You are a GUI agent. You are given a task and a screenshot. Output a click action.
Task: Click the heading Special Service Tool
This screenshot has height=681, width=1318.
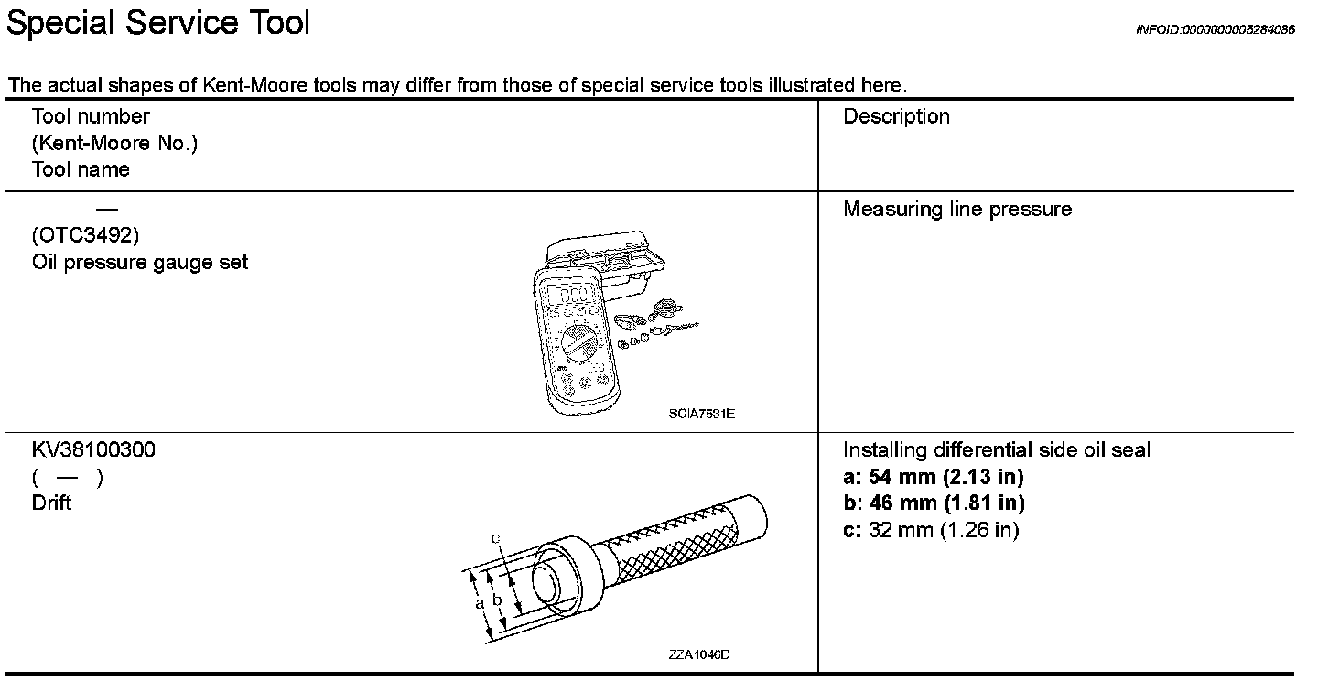point(157,24)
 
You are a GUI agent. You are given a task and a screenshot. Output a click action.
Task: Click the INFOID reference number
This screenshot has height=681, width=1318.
point(1215,29)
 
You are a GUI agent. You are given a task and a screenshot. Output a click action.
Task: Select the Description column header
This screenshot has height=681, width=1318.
point(896,117)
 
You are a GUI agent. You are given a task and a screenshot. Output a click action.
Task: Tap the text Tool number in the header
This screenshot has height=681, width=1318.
point(91,116)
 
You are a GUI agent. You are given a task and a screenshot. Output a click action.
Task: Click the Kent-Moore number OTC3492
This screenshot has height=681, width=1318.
point(85,236)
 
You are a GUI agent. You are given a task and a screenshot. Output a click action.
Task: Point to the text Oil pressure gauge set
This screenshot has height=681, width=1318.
point(139,263)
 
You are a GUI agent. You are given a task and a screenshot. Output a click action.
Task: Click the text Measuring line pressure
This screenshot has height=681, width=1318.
point(956,210)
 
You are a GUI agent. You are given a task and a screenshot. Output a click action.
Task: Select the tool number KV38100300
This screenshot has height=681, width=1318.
point(93,450)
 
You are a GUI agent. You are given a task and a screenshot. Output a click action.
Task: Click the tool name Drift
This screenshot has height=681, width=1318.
point(51,503)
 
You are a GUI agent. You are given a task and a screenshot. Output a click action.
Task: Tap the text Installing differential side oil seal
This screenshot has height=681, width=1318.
point(996,450)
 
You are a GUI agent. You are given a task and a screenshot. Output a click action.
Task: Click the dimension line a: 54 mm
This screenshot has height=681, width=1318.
point(933,477)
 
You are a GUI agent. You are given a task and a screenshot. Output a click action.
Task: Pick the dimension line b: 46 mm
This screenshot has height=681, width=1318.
point(933,503)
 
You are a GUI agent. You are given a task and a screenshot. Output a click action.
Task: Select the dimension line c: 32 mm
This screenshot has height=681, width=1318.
point(930,530)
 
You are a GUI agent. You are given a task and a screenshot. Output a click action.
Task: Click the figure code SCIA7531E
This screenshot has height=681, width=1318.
point(702,414)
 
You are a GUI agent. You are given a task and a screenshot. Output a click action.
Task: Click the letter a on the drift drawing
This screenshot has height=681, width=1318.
point(479,605)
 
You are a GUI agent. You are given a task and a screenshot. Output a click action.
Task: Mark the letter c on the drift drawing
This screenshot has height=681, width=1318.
point(495,538)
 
